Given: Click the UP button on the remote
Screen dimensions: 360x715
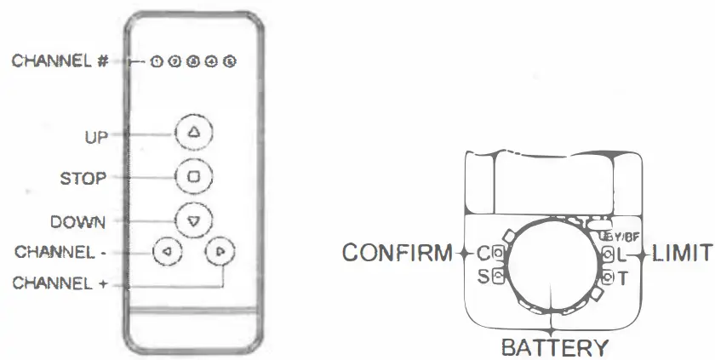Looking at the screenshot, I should pos(192,133).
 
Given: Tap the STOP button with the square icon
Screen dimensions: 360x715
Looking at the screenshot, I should pos(192,177).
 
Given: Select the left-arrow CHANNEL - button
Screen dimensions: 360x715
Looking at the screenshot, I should pos(167,251).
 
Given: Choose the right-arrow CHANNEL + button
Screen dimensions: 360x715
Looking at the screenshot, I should pos(220,251).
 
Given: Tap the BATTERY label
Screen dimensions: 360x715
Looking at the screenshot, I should pos(554,347).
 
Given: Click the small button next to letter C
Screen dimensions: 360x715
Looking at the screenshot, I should pos(497,253).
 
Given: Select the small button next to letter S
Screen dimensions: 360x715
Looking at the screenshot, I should pos(497,276).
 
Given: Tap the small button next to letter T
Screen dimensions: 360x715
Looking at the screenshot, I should pos(607,276).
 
